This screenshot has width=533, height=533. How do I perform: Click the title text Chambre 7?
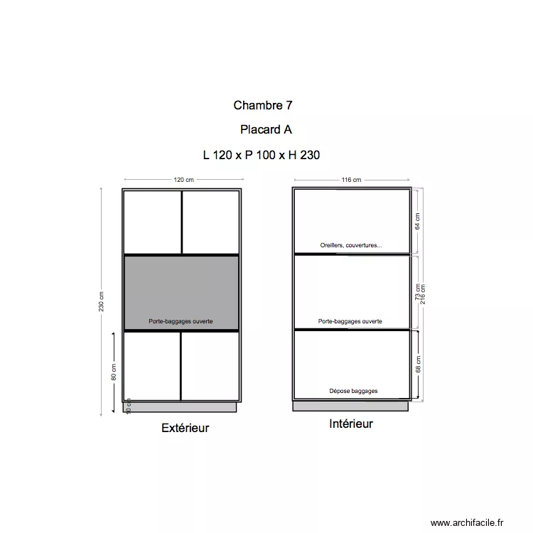[263, 105]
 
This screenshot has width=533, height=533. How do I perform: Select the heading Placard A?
[266, 130]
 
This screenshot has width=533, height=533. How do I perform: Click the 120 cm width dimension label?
[183, 180]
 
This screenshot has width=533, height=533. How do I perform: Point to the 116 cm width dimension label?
[351, 180]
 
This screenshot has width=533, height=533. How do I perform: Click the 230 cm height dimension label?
[102, 302]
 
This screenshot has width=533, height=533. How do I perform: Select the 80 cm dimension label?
[114, 372]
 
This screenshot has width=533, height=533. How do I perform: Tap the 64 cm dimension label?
[418, 221]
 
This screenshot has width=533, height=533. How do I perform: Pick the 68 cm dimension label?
[419, 365]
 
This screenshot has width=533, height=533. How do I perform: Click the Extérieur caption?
[185, 428]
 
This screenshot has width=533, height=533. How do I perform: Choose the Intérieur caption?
[350, 424]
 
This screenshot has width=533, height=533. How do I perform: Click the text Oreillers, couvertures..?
[350, 245]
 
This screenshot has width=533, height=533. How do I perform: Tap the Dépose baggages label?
[353, 391]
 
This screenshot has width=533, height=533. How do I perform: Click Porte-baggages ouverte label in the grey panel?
[181, 321]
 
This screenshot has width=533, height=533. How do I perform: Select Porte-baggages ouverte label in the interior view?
[350, 321]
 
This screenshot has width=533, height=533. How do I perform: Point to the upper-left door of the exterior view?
[152, 221]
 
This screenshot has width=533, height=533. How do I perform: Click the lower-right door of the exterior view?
[210, 366]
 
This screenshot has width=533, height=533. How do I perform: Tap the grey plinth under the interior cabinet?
[351, 406]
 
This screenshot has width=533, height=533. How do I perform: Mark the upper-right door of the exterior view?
[210, 221]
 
